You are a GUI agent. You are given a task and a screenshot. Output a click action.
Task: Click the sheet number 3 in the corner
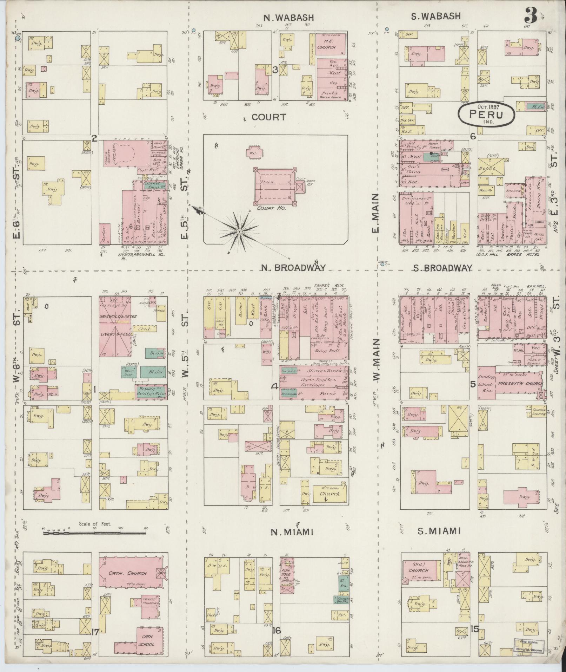531,16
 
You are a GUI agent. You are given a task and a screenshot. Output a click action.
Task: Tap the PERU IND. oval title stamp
486,115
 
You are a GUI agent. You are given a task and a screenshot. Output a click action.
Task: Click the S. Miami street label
439,541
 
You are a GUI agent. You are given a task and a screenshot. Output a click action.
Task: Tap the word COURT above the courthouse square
269,117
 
